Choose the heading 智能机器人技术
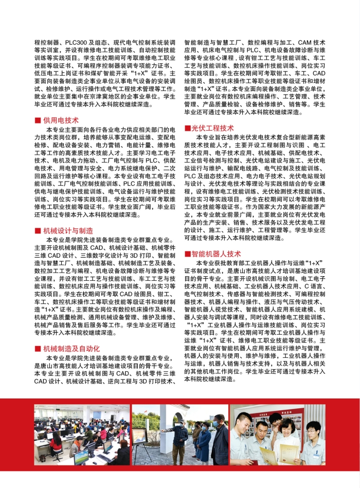216,254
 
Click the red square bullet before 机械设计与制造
38,231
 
